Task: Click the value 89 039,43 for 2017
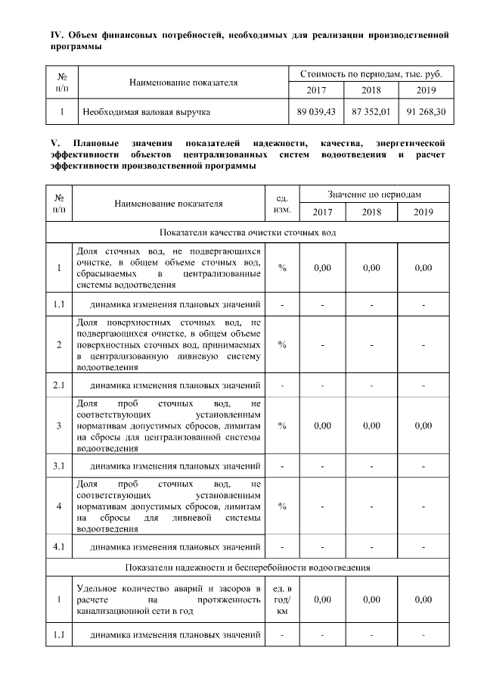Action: click(315, 112)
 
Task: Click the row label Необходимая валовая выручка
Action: click(146, 112)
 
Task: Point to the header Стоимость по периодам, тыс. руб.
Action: click(371, 74)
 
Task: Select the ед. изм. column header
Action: click(281, 203)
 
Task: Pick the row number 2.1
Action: click(59, 385)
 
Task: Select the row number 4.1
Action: click(59, 545)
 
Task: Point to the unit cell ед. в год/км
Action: click(281, 599)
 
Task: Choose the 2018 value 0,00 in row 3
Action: click(371, 425)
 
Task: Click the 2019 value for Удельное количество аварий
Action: click(423, 599)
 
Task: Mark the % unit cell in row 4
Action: click(281, 505)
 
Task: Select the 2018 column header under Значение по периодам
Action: click(371, 212)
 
